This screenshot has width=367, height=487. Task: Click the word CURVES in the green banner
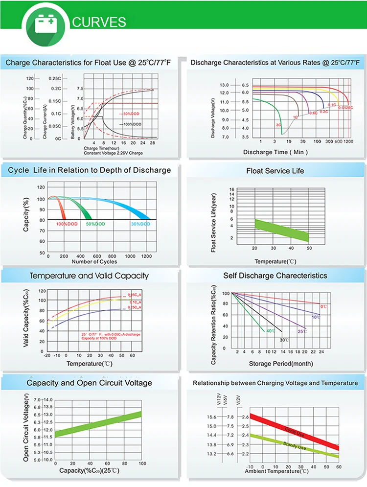tap(99, 22)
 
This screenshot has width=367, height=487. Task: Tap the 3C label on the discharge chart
tap(278, 125)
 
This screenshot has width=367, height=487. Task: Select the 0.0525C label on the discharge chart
tap(345, 107)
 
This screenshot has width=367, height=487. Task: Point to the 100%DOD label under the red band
tap(67, 224)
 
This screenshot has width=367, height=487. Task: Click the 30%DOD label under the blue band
tap(141, 224)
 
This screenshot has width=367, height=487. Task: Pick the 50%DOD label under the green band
tap(95, 224)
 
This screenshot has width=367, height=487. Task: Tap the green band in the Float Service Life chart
tap(281, 230)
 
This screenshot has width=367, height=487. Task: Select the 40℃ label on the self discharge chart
tap(270, 331)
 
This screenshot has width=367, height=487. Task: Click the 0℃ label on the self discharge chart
tap(323, 306)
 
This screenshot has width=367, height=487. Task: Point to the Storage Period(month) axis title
tap(274, 364)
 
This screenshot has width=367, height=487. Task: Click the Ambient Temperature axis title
tap(277, 471)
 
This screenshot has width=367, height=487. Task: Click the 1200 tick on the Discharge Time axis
tap(348, 141)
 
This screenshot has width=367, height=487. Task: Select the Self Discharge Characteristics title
tap(275, 276)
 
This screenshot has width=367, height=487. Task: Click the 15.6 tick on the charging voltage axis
tap(211, 417)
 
